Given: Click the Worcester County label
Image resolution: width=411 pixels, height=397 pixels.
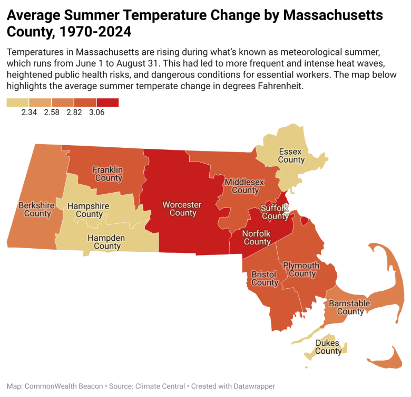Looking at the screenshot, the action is click(182, 209).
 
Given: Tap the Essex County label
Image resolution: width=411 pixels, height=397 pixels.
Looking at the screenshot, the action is click(291, 156).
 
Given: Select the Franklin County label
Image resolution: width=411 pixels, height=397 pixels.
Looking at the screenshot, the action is click(108, 174).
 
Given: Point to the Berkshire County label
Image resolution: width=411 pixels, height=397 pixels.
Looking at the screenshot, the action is click(37, 209).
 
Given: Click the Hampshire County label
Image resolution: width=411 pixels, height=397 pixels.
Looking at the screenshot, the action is click(89, 210).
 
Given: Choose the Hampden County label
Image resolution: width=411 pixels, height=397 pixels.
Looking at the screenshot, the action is click(106, 242).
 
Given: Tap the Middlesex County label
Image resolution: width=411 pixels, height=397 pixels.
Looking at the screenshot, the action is click(244, 186).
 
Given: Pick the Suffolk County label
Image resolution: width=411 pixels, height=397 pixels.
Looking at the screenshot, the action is click(275, 212).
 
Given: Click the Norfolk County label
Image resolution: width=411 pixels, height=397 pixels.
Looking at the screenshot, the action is click(257, 238).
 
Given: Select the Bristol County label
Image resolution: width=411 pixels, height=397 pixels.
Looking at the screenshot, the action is click(265, 279).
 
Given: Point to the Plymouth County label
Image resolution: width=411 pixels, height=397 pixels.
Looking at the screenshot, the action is click(301, 270).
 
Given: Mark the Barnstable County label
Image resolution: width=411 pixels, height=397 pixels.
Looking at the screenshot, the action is click(350, 307).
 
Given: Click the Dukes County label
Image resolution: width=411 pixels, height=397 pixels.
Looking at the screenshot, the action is click(328, 347).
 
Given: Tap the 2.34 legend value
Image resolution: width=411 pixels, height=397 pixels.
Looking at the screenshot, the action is click(29, 112).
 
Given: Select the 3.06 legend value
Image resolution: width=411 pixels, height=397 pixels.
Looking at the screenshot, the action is click(97, 112).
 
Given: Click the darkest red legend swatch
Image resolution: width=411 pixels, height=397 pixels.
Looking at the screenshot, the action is click(107, 102).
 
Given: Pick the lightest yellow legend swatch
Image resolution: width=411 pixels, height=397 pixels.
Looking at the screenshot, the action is click(17, 102).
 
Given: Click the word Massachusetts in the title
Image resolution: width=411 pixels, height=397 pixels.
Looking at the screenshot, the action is click(333, 15).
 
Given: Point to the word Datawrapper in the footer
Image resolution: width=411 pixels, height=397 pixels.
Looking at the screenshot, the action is click(255, 386).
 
